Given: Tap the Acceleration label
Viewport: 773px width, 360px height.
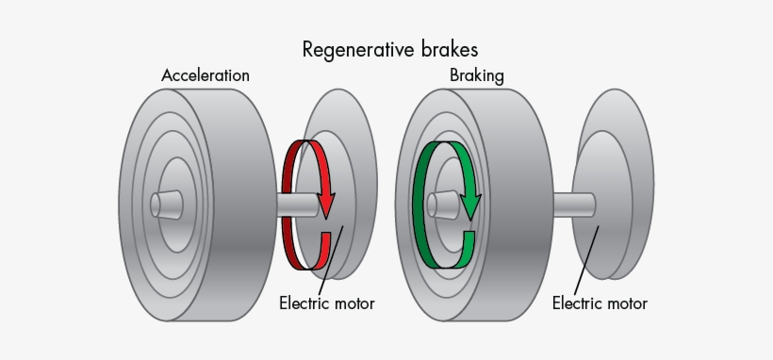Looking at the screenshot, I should point(206,75).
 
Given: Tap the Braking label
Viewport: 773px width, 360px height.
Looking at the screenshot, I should point(476,75).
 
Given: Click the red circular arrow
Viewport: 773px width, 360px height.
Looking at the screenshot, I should point(288,203).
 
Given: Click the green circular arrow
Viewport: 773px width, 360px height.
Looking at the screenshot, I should point(418,203).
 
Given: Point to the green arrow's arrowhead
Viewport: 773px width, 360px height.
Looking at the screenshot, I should point(470,203).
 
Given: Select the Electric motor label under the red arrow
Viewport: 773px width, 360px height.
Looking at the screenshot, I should point(326,303).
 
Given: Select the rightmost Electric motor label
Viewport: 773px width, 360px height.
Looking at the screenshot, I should point(600,303).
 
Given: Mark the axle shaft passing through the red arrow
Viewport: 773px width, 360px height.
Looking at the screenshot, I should point(300,205).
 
